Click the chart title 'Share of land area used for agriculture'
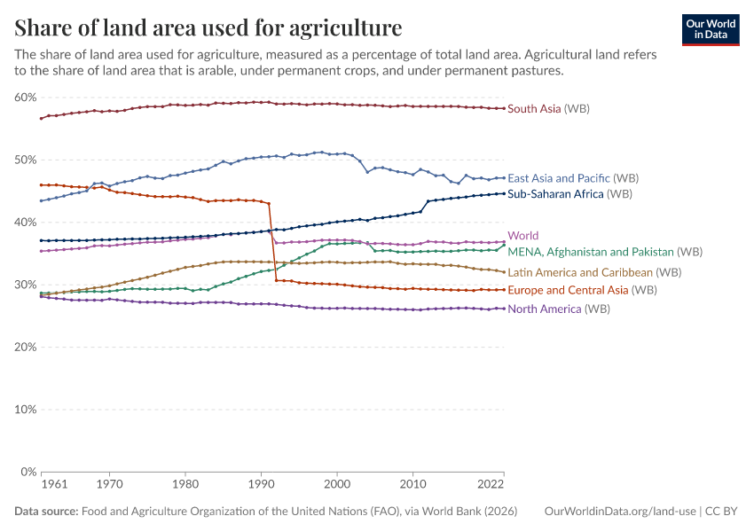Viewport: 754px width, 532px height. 208,28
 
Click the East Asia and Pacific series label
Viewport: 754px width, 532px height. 573,178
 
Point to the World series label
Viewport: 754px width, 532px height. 523,236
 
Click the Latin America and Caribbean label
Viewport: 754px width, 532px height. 594,272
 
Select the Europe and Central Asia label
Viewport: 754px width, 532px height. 580,290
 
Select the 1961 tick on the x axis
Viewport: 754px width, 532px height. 55,485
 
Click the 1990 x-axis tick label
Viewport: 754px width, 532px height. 261,485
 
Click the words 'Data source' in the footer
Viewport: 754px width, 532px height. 45,512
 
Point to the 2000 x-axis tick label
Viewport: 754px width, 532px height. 336,485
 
